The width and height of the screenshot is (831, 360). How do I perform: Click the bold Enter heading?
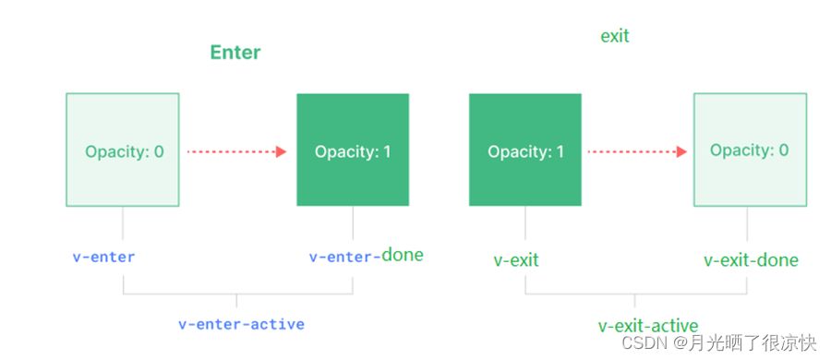click(235, 53)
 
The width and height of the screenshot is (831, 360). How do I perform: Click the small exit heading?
click(615, 36)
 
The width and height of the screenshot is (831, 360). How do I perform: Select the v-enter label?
click(103, 258)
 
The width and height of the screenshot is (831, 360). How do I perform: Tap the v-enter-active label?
click(241, 324)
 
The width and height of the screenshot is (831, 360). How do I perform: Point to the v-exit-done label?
click(751, 259)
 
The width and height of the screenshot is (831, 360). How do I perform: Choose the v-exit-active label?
click(648, 325)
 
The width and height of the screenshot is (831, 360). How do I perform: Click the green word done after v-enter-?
click(403, 255)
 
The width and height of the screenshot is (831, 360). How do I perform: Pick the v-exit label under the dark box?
click(516, 259)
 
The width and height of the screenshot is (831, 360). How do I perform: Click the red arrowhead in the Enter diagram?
click(281, 151)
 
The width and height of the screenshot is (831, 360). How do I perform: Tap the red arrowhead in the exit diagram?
click(681, 151)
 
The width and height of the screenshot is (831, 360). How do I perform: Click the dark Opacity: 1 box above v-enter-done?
click(353, 150)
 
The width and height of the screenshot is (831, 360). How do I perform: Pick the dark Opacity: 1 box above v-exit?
click(525, 150)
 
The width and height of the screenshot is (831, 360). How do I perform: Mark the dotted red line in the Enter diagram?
click(232, 151)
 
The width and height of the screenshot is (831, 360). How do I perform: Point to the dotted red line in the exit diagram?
click(632, 151)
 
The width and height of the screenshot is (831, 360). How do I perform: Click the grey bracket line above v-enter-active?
click(236, 294)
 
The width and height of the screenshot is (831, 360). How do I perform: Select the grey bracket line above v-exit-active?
click(635, 294)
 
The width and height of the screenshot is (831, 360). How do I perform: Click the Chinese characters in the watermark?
click(753, 343)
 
